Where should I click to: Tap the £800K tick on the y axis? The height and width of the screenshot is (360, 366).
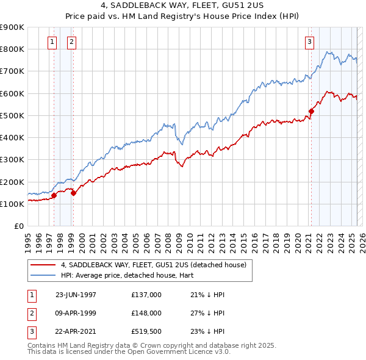point(12,49)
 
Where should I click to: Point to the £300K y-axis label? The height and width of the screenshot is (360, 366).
point(12,159)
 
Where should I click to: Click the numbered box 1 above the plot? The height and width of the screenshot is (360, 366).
point(52,42)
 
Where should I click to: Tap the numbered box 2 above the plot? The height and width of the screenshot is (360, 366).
point(71,42)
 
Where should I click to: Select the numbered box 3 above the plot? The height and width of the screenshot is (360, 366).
point(309,42)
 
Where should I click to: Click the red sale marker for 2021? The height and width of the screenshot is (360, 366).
point(311,111)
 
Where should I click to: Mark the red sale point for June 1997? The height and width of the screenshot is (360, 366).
point(54,195)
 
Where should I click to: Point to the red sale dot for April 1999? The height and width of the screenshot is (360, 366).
point(73,193)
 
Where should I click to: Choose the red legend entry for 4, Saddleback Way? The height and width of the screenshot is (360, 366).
point(153,265)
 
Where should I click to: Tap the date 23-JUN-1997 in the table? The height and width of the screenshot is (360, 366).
point(76,295)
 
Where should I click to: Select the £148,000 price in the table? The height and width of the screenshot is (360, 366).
point(146,313)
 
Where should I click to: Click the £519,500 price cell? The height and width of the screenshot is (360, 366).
point(146,331)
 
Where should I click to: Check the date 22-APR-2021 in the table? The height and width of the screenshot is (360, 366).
point(76,331)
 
